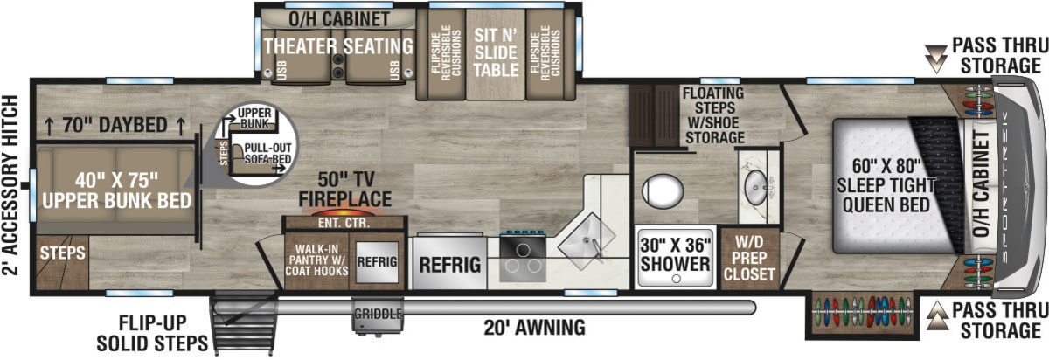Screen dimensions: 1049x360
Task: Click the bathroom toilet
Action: pos(663,191)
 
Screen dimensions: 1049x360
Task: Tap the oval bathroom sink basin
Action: pos(756,187)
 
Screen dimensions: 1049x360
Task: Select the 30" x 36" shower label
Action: pos(675,254)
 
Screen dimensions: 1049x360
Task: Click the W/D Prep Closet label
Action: pos(749,258)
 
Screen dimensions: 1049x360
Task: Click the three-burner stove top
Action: pos(523,259)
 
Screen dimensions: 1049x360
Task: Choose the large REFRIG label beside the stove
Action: pos(449,265)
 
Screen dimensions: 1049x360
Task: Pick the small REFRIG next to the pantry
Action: pos(377,261)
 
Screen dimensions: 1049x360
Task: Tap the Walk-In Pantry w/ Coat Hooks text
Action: pos(317,260)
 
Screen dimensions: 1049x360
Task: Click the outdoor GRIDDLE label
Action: pos(378,314)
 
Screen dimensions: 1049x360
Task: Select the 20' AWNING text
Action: pos(534,327)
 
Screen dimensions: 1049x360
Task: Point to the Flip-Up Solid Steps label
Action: pos(152,333)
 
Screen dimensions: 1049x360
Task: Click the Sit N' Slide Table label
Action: pos(496,52)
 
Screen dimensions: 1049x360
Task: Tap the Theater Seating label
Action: pos(338,46)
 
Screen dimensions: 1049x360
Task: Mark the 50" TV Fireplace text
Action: pos(345,190)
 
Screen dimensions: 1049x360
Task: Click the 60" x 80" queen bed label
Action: pos(886,185)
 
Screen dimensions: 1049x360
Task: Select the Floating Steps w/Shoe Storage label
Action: pos(713,115)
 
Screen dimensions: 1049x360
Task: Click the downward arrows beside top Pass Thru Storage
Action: pos(936,59)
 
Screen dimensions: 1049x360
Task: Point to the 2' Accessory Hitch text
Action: pos(10,185)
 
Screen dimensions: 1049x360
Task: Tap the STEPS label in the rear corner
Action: pos(63,253)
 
